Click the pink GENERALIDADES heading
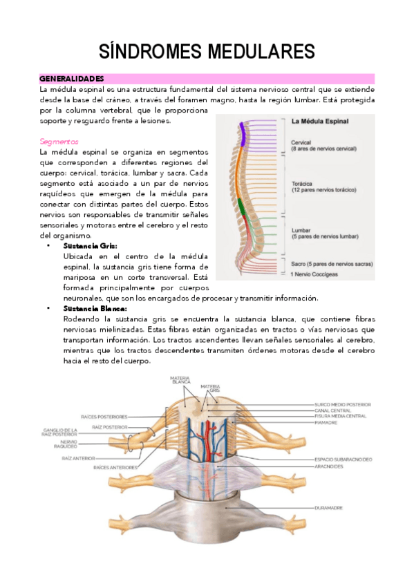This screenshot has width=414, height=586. tap(71, 79)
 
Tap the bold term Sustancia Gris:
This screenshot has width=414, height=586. tap(90, 245)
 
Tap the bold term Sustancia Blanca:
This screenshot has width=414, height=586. tap(94, 308)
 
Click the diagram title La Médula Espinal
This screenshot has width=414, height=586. tap(320, 122)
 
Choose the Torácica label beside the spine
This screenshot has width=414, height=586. tap(305, 184)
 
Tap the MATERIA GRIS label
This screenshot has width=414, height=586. tap(211, 388)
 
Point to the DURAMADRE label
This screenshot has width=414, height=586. tap(330, 507)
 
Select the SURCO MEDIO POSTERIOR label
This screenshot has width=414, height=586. tap(343, 404)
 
